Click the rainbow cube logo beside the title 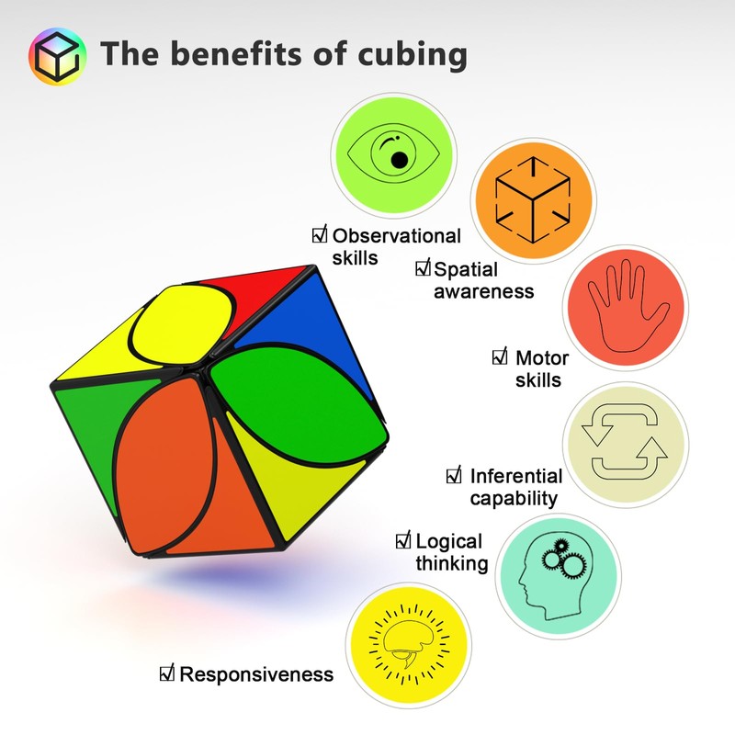pyautogui.click(x=57, y=56)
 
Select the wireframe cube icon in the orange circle pyautogui.click(x=532, y=198)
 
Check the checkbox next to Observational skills pyautogui.click(x=320, y=235)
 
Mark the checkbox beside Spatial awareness pyautogui.click(x=423, y=268)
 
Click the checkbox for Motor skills pyautogui.click(x=501, y=356)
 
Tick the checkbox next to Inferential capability pyautogui.click(x=454, y=475)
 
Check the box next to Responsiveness pyautogui.click(x=167, y=674)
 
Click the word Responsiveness pyautogui.click(x=256, y=675)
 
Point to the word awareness pyautogui.click(x=483, y=291)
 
